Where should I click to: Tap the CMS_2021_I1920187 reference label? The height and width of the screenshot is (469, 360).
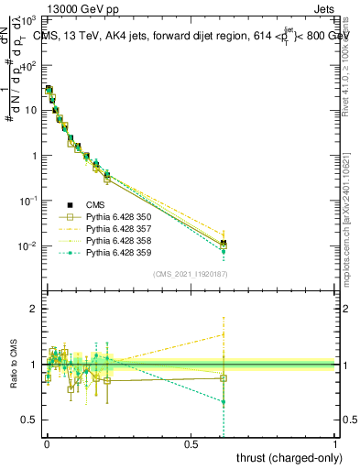(191, 275)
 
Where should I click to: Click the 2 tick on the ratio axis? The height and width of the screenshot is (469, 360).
(33, 309)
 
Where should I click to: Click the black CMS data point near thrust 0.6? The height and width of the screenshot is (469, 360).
(224, 243)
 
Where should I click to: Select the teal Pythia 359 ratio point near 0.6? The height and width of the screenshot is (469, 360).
(224, 402)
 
